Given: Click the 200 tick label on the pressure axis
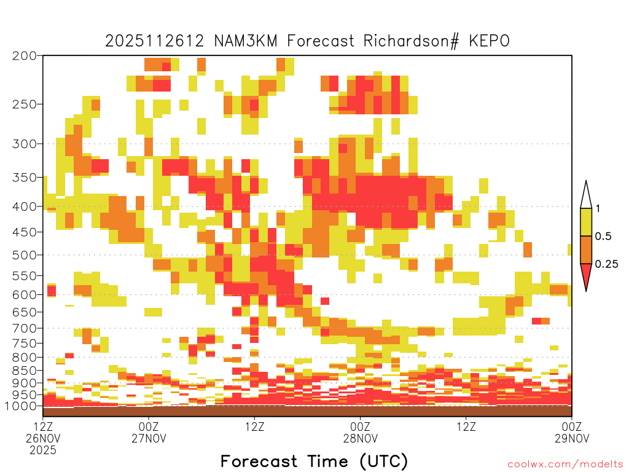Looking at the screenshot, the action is [24, 56].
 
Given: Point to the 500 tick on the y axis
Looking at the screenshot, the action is [24, 255].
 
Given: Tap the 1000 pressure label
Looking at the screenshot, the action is [21, 406].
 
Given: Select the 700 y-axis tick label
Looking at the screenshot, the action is [24, 328].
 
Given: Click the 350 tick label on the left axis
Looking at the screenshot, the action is [24, 178].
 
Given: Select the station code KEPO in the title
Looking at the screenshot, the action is [490, 41].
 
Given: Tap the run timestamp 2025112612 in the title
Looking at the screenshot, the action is [154, 41].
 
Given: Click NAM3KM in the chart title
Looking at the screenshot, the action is [246, 41].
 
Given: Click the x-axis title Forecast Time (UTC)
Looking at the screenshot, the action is [314, 461].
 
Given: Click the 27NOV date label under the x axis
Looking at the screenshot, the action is [149, 438].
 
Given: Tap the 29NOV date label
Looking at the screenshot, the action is [572, 438].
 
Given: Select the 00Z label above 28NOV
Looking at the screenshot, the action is [360, 427].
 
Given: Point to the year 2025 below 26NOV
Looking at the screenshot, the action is [43, 450].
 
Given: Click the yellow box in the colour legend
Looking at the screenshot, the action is [586, 222].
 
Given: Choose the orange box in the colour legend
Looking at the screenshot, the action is [586, 250].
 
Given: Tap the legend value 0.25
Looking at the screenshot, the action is [606, 264].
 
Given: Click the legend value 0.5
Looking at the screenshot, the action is [603, 237].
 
